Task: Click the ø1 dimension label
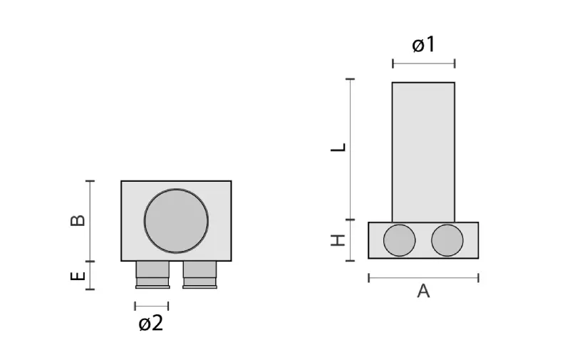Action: (423, 45)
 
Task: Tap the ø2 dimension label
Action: (151, 323)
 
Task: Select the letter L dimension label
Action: (338, 148)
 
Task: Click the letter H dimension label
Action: (338, 240)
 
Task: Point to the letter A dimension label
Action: (423, 292)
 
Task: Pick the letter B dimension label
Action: (78, 220)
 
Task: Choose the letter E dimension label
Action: (78, 276)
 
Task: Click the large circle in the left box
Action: (176, 221)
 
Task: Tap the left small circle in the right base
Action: (399, 240)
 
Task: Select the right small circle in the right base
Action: (447, 240)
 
